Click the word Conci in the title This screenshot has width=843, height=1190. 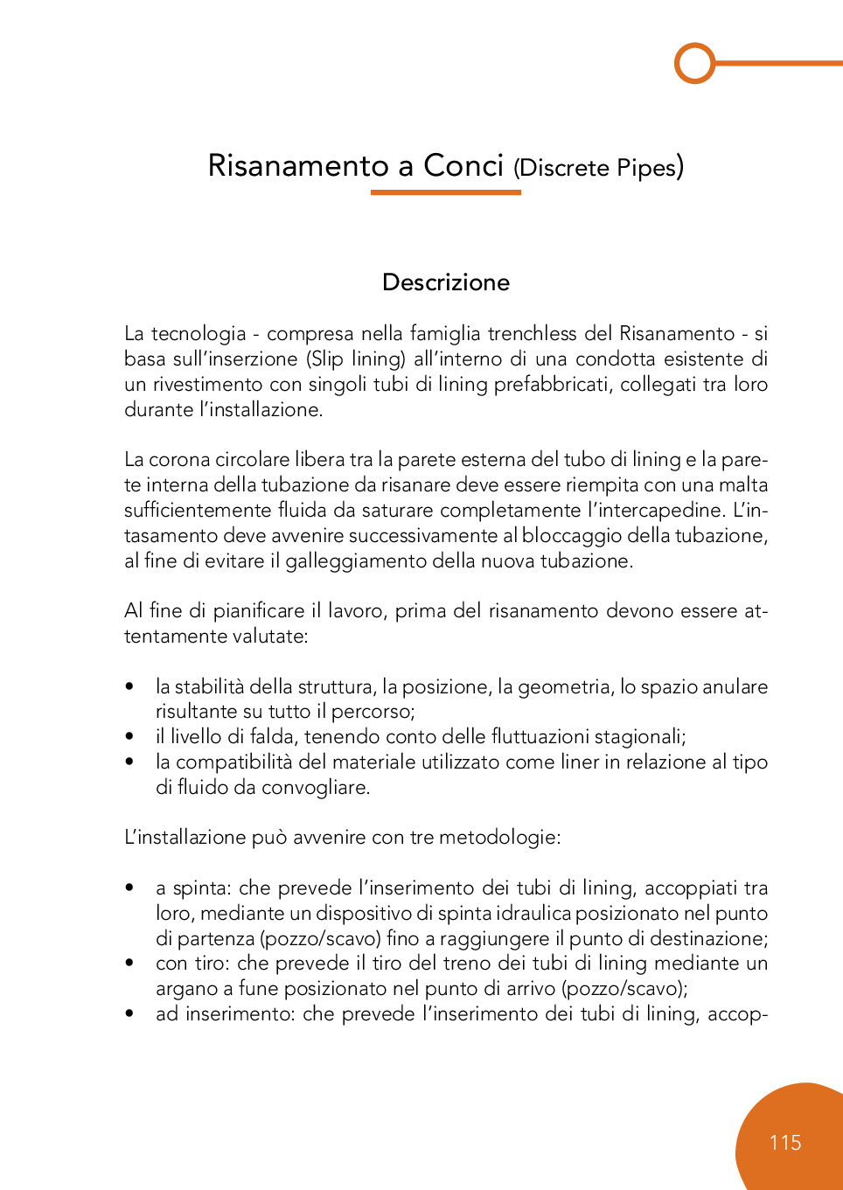(463, 165)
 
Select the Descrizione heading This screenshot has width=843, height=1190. (446, 282)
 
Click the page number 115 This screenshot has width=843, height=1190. (785, 1143)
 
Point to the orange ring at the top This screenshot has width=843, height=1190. (695, 63)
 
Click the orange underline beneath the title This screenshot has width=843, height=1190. (446, 192)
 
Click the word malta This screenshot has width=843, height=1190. (742, 484)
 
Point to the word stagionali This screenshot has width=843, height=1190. (639, 736)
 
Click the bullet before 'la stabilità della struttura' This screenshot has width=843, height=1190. (129, 687)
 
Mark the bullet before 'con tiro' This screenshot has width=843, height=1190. (129, 964)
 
